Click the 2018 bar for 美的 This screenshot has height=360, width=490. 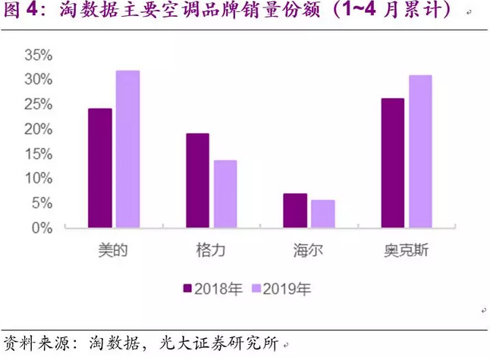(99, 167)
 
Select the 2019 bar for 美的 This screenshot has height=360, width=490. (127, 149)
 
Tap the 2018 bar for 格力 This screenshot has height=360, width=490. (197, 180)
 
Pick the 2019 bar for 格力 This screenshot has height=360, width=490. (225, 193)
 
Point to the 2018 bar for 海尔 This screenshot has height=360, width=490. (295, 210)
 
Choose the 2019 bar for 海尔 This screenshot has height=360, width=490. (322, 213)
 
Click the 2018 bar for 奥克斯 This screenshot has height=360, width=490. (392, 162)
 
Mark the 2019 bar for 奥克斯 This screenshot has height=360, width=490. (419, 151)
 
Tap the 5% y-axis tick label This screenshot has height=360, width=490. (41, 202)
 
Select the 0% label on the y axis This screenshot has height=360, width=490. (41, 227)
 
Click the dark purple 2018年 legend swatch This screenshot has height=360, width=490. (188, 288)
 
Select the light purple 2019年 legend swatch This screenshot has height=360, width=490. (256, 288)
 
